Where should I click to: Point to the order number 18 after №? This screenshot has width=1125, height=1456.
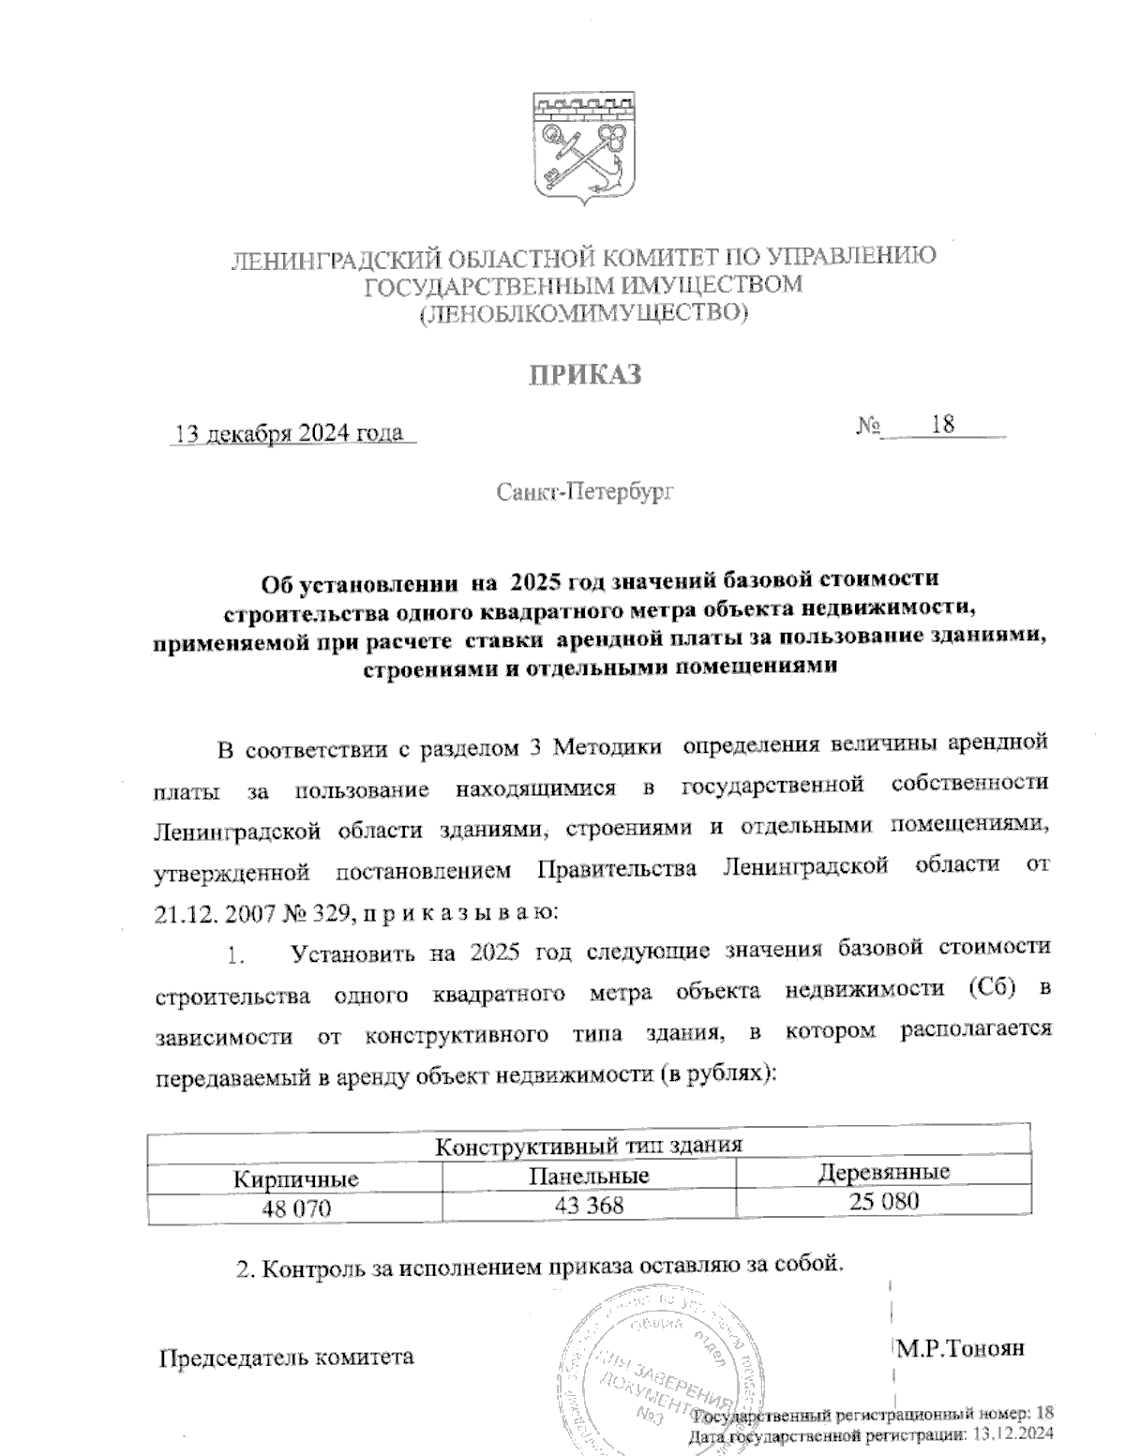coord(942,425)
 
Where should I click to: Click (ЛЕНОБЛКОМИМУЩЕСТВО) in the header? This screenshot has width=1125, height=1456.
coord(583,314)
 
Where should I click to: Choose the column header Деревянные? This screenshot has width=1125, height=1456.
coord(884,1172)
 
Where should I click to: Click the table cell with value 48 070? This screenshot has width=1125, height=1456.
coord(296,1208)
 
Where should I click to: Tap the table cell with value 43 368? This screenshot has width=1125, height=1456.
coord(588,1205)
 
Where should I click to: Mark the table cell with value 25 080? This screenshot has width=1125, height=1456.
coord(884,1201)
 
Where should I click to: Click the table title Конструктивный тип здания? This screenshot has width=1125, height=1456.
coord(590,1146)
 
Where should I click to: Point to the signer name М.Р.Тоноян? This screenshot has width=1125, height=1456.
coord(960,1348)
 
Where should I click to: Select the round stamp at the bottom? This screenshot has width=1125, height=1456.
coord(647,1373)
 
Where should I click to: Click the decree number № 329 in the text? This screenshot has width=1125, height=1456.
coord(319,910)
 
